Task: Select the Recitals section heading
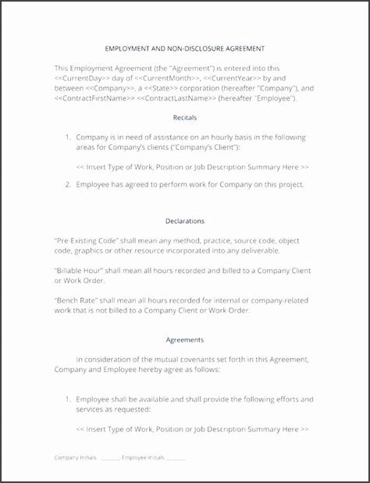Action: tap(185, 117)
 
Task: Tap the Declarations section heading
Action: tap(185, 220)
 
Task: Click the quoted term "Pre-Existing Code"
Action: tap(87, 240)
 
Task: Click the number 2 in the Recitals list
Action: tap(68, 184)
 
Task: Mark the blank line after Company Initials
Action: tap(110, 458)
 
